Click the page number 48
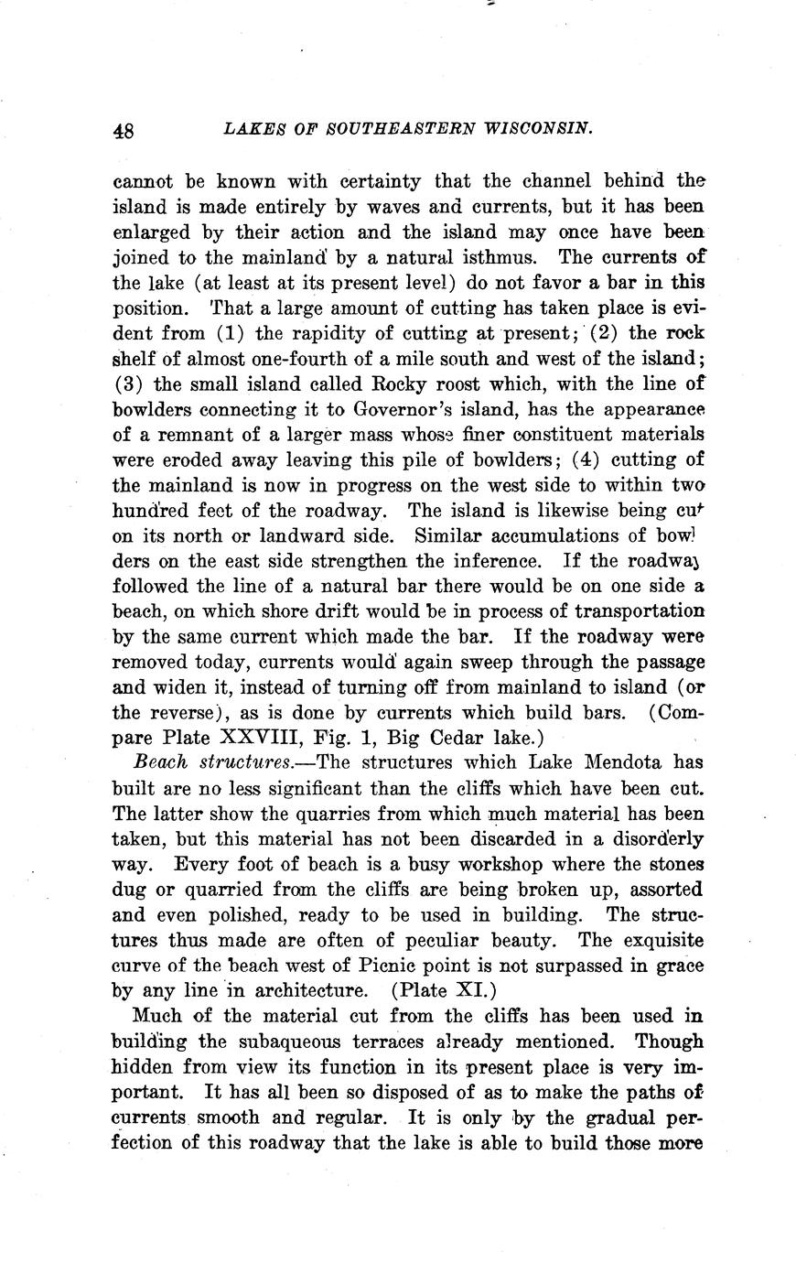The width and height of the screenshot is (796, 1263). coord(124,130)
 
